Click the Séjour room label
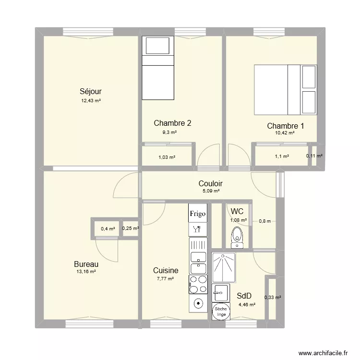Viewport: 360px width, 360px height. [x=91, y=91]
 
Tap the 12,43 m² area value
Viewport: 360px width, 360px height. [x=91, y=101]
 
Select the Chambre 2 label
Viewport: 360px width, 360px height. [x=172, y=123]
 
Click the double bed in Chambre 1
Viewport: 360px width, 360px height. [x=285, y=90]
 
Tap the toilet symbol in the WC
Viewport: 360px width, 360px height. [x=237, y=237]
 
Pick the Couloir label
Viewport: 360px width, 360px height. [x=210, y=183]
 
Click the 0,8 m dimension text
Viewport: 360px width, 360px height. [x=265, y=221]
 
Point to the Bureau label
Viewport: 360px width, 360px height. [x=86, y=264]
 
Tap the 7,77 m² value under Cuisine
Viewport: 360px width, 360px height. [x=166, y=278]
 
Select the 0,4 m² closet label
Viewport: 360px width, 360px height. [x=108, y=229]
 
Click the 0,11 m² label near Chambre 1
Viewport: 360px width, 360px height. [x=314, y=156]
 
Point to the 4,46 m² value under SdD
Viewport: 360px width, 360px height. [x=247, y=304]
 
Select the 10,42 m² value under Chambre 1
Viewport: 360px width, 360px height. [x=285, y=133]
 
